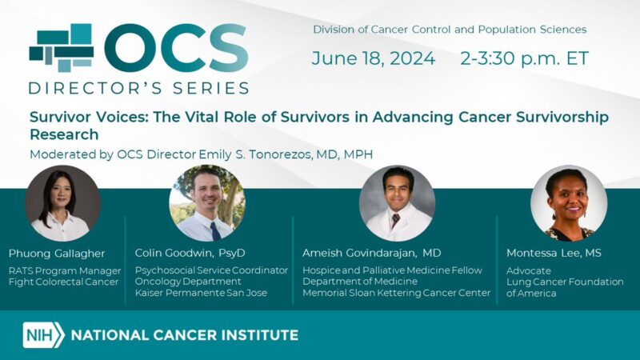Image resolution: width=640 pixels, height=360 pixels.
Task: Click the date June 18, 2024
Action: tap(374, 58)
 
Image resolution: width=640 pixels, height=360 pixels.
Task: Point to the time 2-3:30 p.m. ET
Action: tap(524, 58)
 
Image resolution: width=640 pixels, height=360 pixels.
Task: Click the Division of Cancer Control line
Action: tap(450, 30)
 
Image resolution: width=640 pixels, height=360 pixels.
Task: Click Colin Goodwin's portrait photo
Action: tap(206, 203)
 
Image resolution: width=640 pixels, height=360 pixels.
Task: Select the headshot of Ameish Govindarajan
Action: tap(397, 203)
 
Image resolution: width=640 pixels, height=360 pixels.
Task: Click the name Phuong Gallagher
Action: tap(57, 253)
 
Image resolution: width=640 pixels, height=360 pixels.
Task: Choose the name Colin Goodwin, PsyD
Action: tap(190, 253)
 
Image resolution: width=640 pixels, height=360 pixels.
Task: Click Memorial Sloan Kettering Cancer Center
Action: tap(396, 293)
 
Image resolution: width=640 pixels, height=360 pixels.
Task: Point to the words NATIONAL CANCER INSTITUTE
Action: tap(185, 334)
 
